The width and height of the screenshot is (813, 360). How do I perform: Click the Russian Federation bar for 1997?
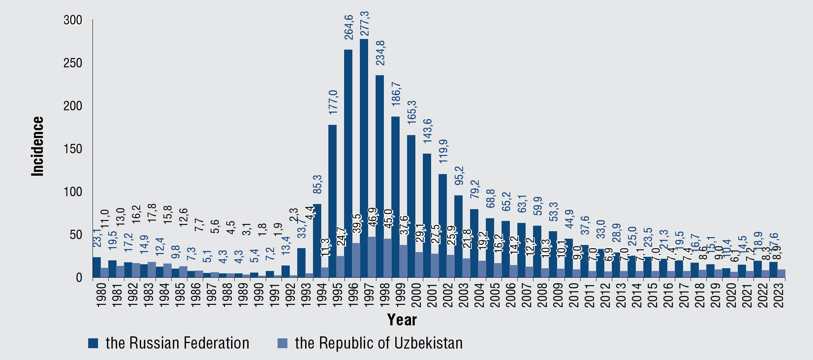click(364, 158)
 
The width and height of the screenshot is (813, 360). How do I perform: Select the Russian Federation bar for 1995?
click(332, 201)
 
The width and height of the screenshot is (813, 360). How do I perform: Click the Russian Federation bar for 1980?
click(96, 267)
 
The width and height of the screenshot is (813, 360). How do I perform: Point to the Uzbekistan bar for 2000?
click(419, 265)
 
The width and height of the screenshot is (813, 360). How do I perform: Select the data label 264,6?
click(349, 27)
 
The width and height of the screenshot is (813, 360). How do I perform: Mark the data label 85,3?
click(317, 184)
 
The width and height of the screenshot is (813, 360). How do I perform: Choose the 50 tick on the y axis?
click(75, 235)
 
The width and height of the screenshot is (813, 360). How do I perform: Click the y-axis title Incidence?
click(38, 146)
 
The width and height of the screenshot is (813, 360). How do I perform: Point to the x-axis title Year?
click(402, 319)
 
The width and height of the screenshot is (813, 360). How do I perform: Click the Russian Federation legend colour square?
click(93, 343)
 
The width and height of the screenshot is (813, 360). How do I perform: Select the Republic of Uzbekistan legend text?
click(379, 343)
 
